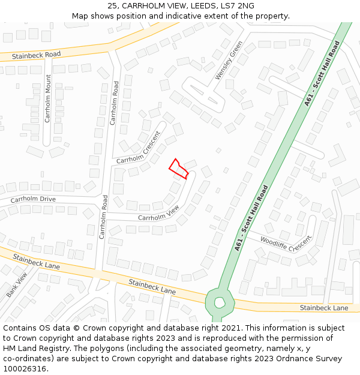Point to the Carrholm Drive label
(33, 199)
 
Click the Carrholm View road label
(158, 213)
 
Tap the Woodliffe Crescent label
(286, 244)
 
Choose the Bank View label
(17, 284)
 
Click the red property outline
(179, 169)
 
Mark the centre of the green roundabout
(220, 302)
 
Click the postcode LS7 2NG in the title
(238, 5)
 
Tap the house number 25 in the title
(113, 5)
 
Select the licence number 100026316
(26, 369)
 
